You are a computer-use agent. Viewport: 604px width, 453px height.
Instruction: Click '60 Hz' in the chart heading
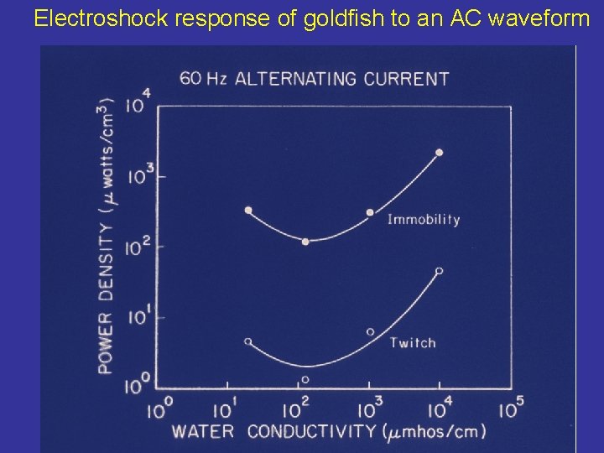(x=203, y=79)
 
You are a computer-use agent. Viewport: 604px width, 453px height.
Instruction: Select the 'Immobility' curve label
(x=423, y=220)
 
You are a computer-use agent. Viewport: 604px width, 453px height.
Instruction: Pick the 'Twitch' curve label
(x=413, y=342)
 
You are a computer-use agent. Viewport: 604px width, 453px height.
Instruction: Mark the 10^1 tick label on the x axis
(x=225, y=410)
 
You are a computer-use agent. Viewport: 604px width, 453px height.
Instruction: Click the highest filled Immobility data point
(x=440, y=153)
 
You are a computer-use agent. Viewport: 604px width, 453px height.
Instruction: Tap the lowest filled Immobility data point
(x=305, y=242)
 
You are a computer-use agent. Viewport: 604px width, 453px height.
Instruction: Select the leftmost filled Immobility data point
(x=247, y=210)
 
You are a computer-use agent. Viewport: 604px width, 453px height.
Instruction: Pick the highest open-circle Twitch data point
(x=440, y=271)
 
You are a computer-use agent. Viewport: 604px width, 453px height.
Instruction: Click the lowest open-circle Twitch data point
(x=305, y=380)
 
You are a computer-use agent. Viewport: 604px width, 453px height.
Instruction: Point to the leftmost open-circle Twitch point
(x=247, y=341)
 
